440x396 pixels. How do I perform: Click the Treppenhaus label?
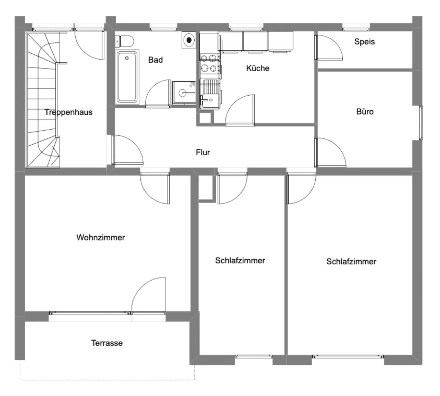click(x=68, y=112)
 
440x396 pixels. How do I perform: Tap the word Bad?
click(x=155, y=60)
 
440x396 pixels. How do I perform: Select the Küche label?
click(x=258, y=68)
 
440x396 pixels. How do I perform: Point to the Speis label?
click(x=364, y=42)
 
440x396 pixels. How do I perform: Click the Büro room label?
click(x=365, y=112)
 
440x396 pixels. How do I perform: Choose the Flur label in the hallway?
click(x=203, y=152)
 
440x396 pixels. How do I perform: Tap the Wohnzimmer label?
click(x=100, y=237)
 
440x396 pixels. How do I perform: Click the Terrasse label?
click(x=107, y=343)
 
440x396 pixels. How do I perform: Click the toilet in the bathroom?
click(x=125, y=41)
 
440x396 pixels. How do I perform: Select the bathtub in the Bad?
click(x=127, y=77)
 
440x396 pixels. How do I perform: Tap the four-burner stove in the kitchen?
click(x=209, y=63)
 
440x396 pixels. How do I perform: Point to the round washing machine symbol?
click(x=189, y=40)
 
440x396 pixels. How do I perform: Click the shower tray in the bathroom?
click(x=183, y=92)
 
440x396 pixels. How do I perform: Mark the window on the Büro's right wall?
click(x=421, y=123)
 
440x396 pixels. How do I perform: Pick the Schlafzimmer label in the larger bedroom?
click(x=351, y=261)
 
